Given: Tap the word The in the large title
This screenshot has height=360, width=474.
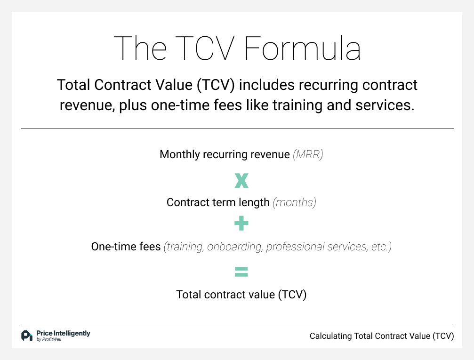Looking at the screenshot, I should point(140,48).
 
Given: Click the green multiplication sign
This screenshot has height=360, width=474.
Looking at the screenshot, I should point(241,180).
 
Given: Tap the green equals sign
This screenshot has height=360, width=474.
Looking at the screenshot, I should point(241,272).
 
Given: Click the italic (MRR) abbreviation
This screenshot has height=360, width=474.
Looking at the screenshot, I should point(308,154).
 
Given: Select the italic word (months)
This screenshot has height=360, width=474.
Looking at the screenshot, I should point(295,202).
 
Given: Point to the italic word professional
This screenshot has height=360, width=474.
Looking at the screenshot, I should point(296,247).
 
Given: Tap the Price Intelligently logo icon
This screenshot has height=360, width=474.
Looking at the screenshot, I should point(27,336).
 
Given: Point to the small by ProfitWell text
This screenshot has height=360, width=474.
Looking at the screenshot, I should point(48,340).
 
